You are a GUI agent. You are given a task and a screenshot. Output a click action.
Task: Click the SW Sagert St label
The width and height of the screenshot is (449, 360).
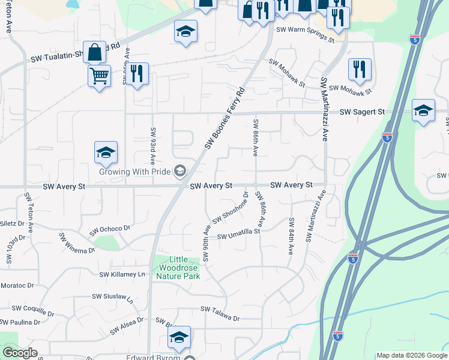click(x=362, y=112)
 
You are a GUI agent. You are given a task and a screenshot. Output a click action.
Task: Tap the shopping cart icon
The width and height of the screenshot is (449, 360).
click(x=99, y=76)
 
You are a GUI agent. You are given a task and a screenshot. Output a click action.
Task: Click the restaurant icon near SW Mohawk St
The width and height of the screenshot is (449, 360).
click(x=360, y=69)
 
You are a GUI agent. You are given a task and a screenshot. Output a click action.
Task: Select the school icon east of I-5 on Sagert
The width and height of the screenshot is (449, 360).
click(x=423, y=110)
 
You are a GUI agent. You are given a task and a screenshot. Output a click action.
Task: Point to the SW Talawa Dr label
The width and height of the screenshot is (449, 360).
click(x=220, y=310)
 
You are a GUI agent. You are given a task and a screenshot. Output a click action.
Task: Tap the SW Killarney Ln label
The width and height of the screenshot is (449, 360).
click(x=122, y=274)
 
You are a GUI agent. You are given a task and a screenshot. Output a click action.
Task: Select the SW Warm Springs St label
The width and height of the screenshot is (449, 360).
click(x=305, y=34)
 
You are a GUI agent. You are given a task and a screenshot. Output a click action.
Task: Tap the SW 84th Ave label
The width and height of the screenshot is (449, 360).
click(x=291, y=236)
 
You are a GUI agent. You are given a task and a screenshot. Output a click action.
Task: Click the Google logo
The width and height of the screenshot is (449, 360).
click(x=20, y=353)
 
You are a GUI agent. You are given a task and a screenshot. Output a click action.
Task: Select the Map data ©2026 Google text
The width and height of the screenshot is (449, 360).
click(x=411, y=355)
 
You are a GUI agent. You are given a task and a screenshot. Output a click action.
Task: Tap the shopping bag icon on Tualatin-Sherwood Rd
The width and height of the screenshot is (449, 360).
click(x=95, y=53)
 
